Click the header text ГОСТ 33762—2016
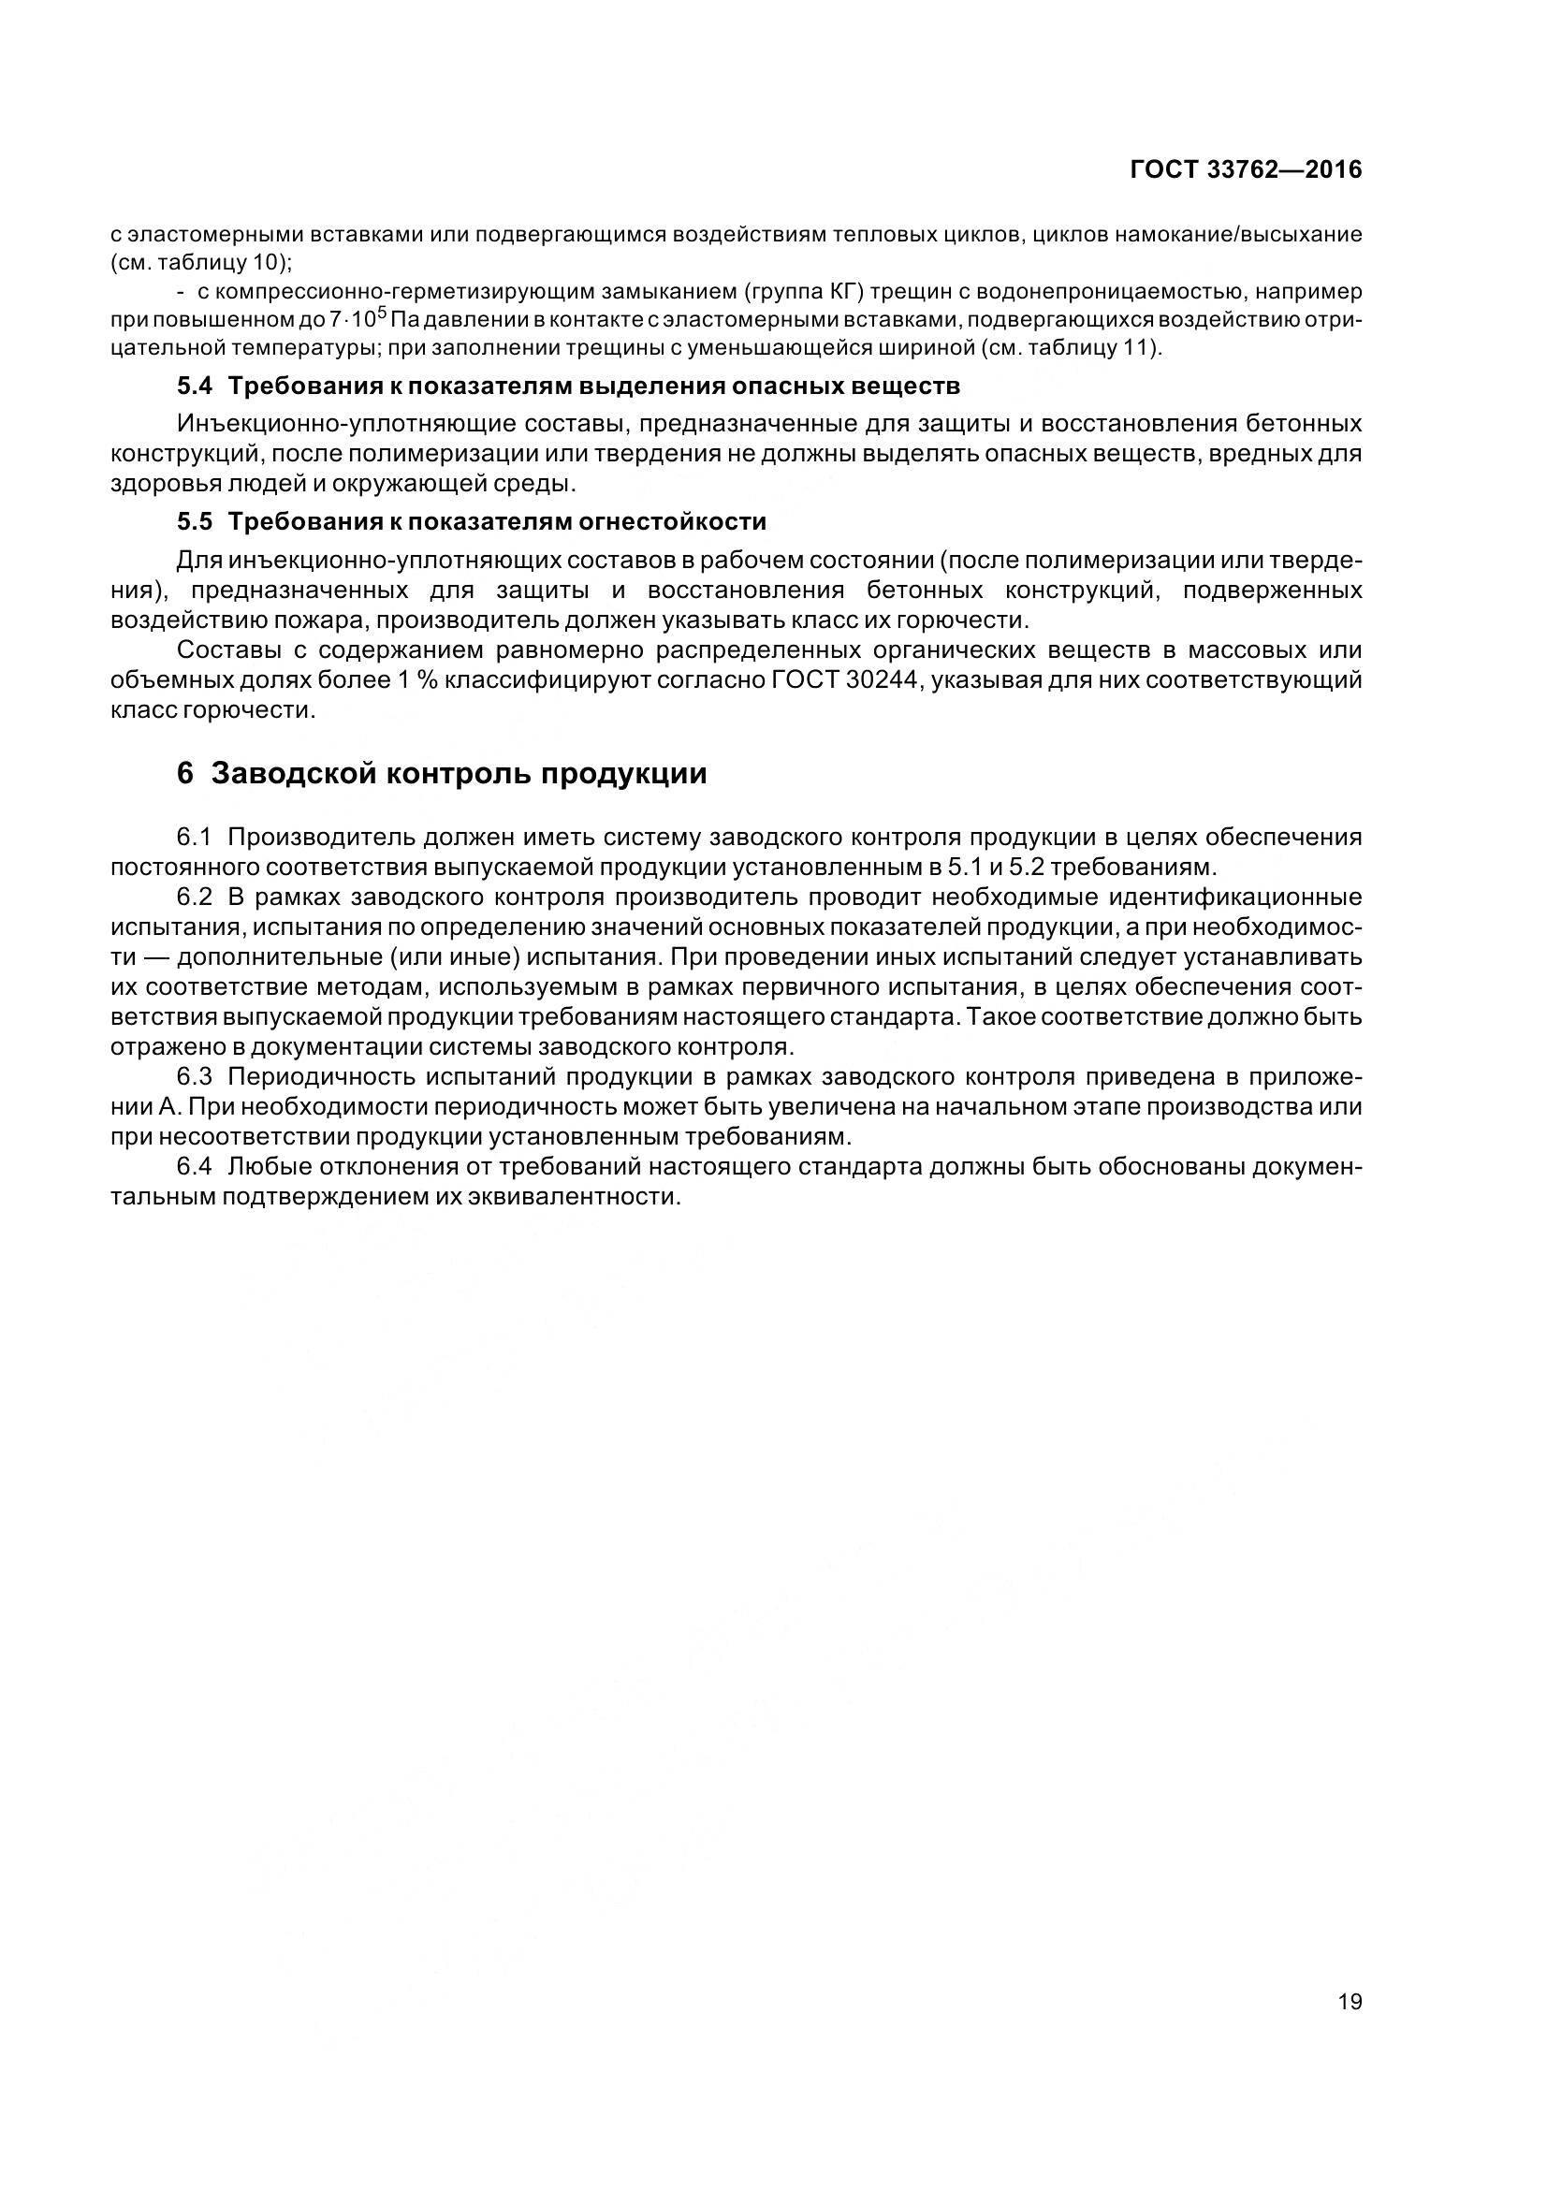pos(1245,169)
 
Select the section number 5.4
pos(196,387)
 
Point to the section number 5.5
pos(196,521)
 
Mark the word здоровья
pos(154,485)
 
